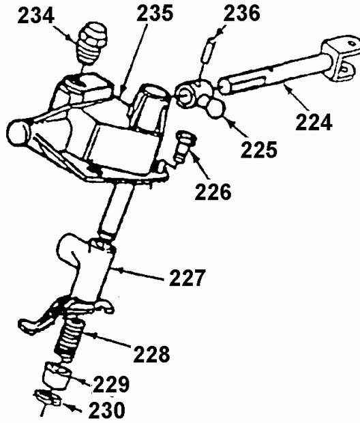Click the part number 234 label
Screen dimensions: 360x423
click(x=36, y=16)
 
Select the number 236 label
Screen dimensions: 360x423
click(x=241, y=13)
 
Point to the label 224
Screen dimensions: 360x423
click(x=314, y=122)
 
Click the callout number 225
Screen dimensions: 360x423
click(x=259, y=149)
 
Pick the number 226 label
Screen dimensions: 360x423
click(x=213, y=192)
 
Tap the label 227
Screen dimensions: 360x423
click(x=187, y=277)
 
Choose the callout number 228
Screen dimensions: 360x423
click(x=151, y=353)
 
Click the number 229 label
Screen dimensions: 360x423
click(x=111, y=384)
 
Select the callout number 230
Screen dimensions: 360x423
click(x=107, y=410)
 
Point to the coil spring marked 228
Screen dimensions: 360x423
click(x=70, y=339)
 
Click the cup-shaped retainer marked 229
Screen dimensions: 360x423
click(x=57, y=376)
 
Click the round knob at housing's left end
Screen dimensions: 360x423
click(x=18, y=132)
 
